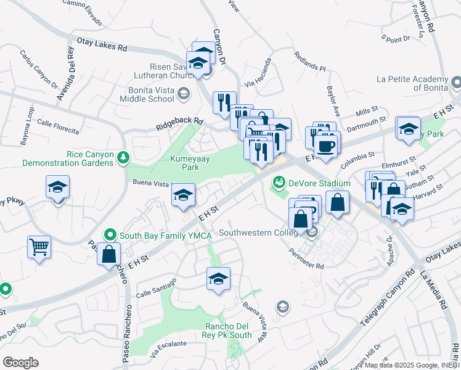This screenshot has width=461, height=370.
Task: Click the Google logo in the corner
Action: tap(21, 363)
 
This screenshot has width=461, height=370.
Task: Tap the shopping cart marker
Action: tap(39, 248)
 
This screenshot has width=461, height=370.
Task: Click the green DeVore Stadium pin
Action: tap(279, 183)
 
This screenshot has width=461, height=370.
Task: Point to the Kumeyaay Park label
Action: tap(184, 163)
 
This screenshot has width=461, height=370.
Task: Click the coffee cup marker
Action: tap(325, 146)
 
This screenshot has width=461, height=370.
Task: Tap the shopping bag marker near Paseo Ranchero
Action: tap(108, 254)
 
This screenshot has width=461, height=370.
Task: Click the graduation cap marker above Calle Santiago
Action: tap(218, 279)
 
